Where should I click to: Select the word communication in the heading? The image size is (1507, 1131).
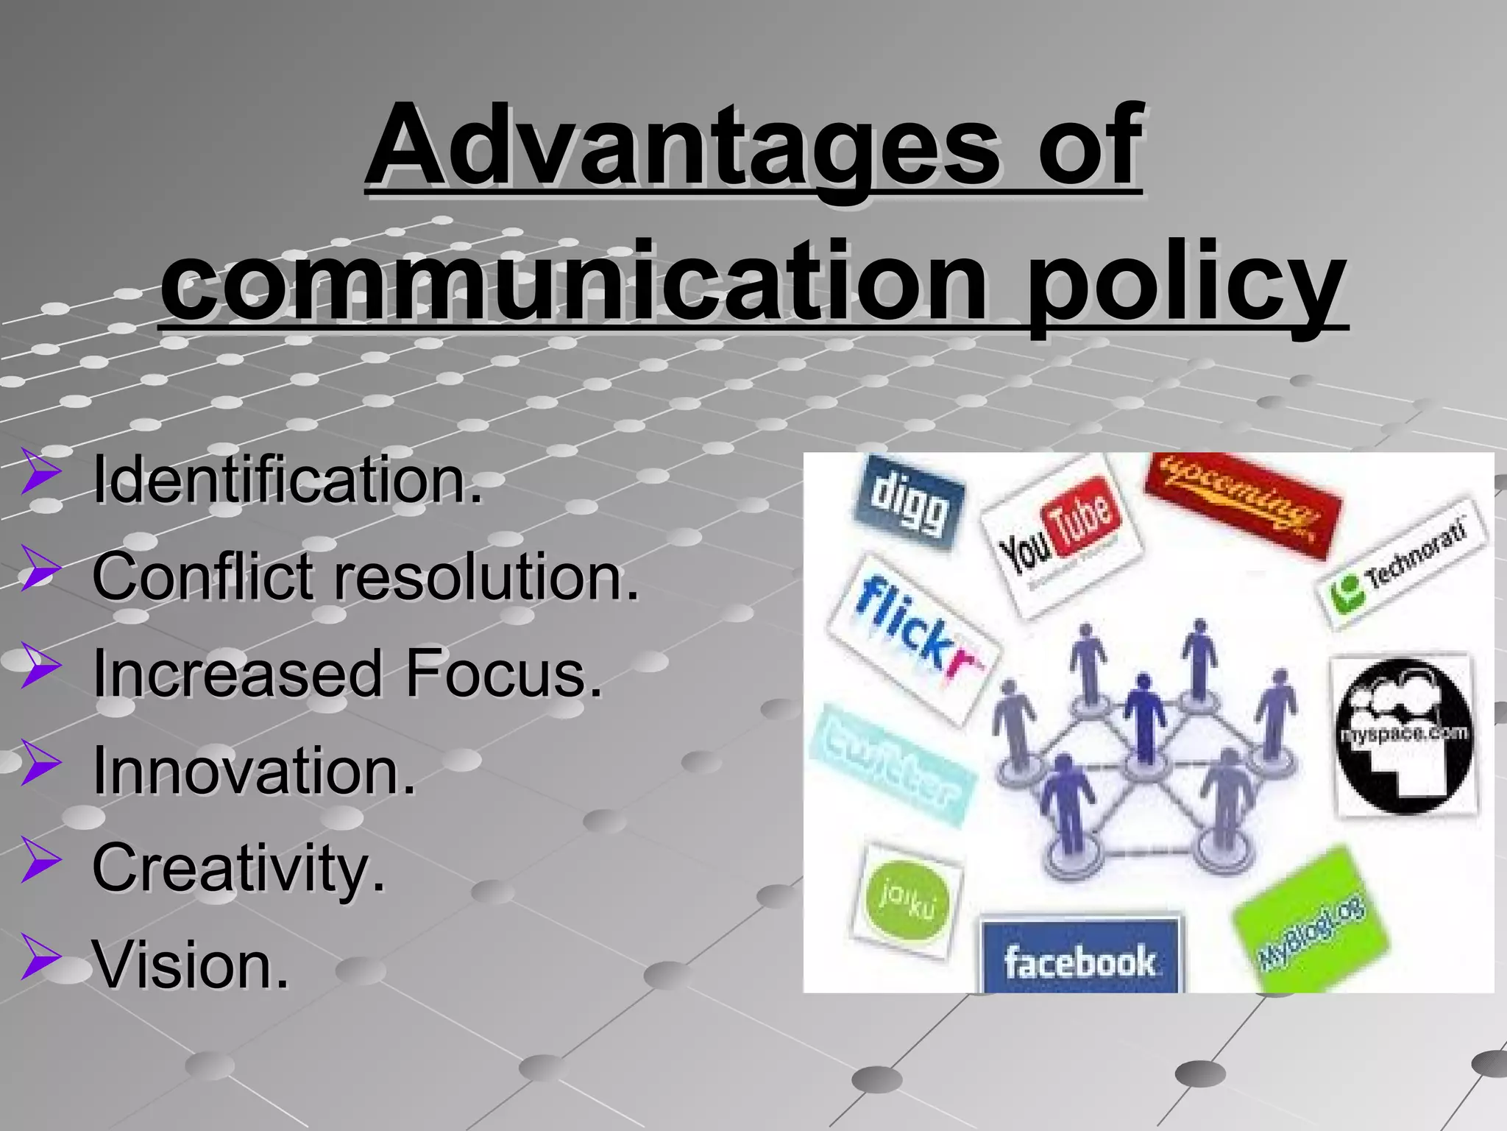coord(574,283)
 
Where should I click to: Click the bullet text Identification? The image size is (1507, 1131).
coord(287,480)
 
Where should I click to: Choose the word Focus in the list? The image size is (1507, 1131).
coord(503,673)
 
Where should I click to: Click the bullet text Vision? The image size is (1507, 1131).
coord(191,965)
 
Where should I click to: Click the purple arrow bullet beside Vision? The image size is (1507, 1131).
coord(40,957)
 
